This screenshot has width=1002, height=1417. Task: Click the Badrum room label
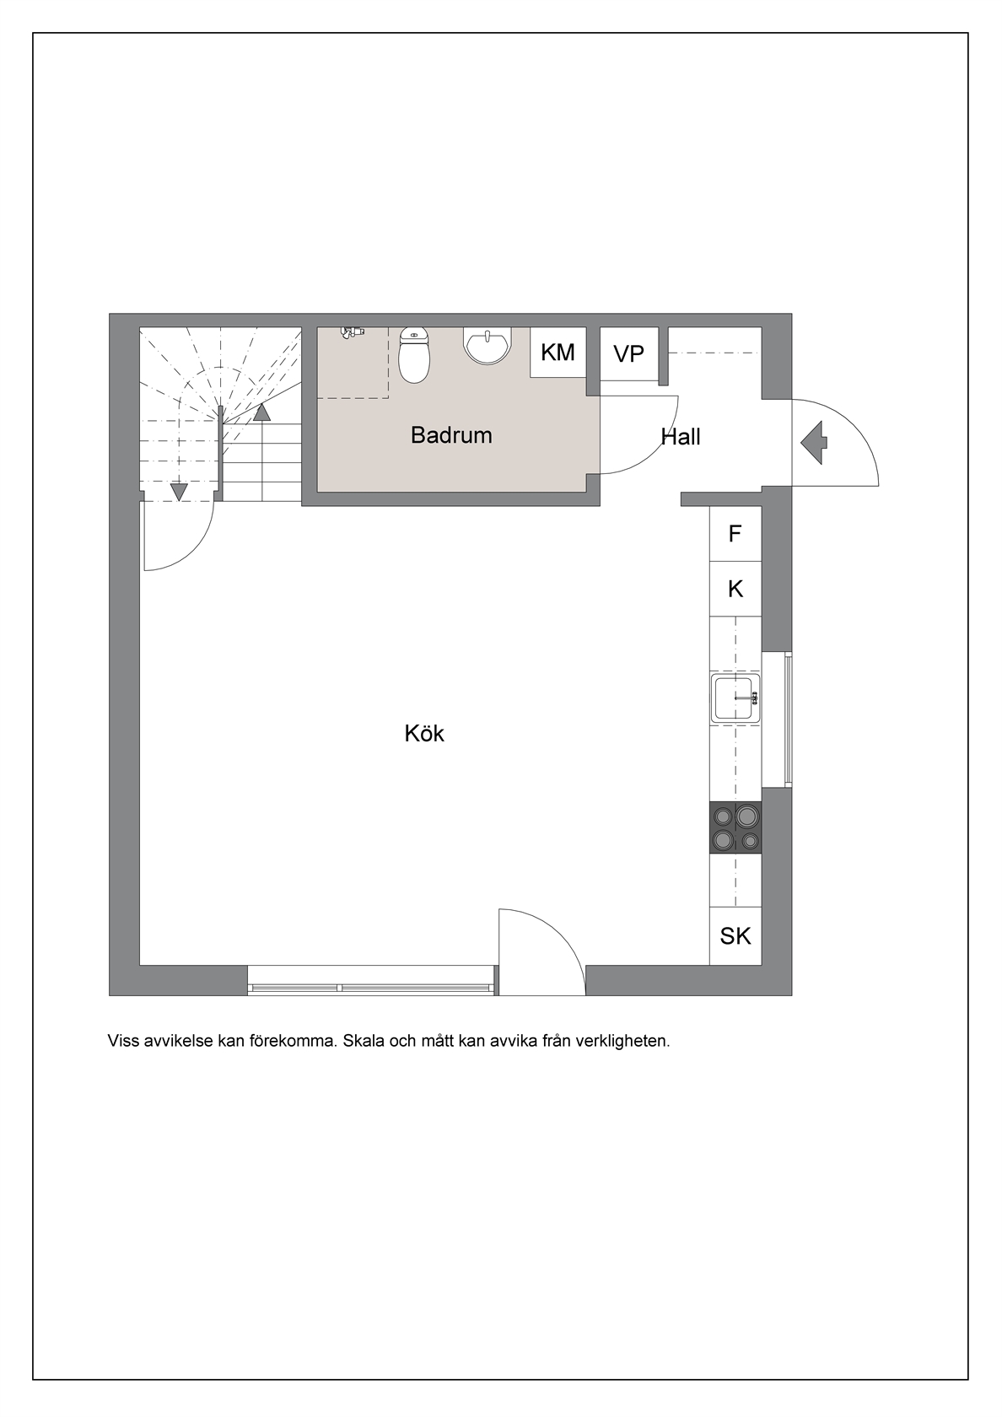[x=451, y=435]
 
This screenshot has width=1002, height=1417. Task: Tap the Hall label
[x=681, y=437]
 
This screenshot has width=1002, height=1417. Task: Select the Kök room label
[x=424, y=734]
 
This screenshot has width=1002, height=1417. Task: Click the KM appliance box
[x=558, y=353]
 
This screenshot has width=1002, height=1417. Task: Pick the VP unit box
[x=629, y=353]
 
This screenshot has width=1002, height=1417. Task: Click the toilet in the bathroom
[x=414, y=355]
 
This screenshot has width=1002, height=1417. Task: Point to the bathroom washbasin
[x=488, y=346]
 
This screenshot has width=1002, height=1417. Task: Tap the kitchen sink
[x=735, y=698]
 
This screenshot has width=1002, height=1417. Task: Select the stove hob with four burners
[x=735, y=827]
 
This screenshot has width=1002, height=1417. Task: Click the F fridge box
[x=735, y=534]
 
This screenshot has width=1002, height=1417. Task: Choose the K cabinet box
[x=735, y=589]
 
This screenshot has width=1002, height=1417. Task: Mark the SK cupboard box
[x=735, y=935]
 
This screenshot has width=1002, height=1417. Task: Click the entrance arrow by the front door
[x=814, y=443]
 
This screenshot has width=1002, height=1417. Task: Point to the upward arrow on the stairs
[x=261, y=412]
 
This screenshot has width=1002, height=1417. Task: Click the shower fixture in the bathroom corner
[x=352, y=332]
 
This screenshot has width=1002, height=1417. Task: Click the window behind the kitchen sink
[x=777, y=719]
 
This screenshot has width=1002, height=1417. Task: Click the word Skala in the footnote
[x=364, y=1041]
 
